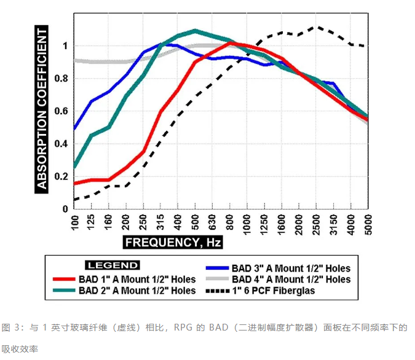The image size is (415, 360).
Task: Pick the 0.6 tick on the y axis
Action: pyautogui.click(x=61, y=111)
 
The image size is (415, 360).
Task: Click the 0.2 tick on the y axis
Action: pyautogui.click(x=61, y=176)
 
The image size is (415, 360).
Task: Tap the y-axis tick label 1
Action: pyautogui.click(x=65, y=46)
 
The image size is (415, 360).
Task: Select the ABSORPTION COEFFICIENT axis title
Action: pyautogui.click(x=41, y=108)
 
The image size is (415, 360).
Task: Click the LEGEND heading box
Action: pyautogui.click(x=113, y=265)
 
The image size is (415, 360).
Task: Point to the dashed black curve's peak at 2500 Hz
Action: pyautogui.click(x=316, y=27)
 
